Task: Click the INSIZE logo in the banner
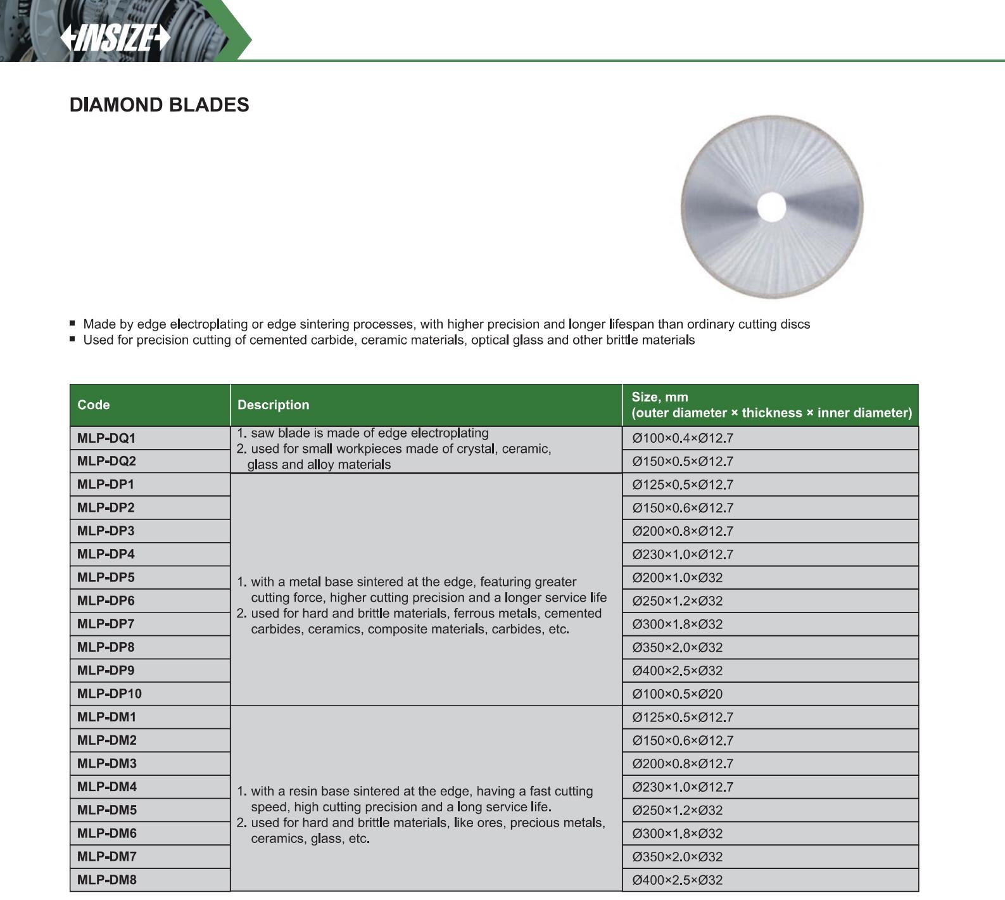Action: [115, 38]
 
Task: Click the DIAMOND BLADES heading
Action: [159, 105]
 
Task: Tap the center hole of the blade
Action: [771, 207]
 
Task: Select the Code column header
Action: [94, 405]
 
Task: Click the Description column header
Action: [273, 405]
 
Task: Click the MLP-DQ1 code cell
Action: [106, 438]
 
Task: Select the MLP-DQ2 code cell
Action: [106, 461]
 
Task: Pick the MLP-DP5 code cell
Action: [106, 578]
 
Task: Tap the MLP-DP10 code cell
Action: [110, 694]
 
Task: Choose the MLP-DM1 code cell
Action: [106, 717]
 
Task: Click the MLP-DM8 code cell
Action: [106, 880]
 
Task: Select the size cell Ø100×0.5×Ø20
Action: [677, 694]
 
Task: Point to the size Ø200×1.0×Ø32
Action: [677, 578]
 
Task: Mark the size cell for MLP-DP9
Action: [677, 671]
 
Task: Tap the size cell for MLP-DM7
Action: [677, 857]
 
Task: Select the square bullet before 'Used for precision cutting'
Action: [73, 339]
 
